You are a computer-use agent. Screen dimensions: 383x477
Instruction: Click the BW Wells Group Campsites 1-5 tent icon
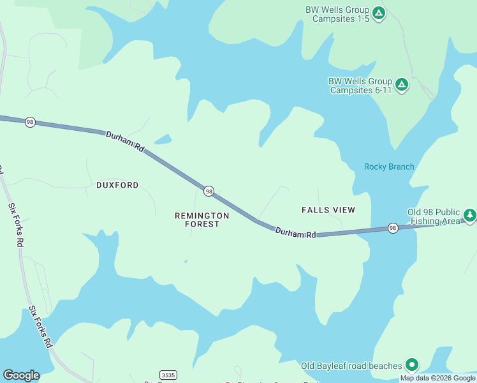[379, 13]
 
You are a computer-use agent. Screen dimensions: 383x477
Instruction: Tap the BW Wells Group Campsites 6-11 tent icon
[402, 84]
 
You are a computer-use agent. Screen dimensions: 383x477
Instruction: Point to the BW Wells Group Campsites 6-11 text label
[360, 86]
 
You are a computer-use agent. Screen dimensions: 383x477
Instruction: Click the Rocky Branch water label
[389, 167]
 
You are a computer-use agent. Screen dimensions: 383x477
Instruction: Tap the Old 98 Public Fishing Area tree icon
[470, 215]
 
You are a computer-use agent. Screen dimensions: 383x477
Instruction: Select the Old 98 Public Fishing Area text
[434, 217]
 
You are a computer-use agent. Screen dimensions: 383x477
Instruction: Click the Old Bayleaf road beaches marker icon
[412, 365]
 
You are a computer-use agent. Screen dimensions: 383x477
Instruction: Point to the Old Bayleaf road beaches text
[352, 366]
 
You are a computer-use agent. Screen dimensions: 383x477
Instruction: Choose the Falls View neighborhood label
[328, 210]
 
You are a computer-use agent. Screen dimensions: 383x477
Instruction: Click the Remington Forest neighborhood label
[202, 220]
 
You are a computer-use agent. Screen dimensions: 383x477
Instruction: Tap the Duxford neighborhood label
[117, 185]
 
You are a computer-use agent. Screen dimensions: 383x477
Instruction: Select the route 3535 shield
[168, 375]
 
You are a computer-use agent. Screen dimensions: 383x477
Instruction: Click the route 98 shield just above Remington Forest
[209, 191]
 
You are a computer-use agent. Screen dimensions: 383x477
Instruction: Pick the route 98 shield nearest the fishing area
[393, 228]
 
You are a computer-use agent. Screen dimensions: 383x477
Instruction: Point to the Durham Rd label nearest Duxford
[126, 141]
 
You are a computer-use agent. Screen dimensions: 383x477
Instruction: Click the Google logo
[21, 375]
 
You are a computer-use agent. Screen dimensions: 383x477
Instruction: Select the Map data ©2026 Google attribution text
[437, 378]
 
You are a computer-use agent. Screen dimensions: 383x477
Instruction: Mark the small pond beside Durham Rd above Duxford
[163, 139]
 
